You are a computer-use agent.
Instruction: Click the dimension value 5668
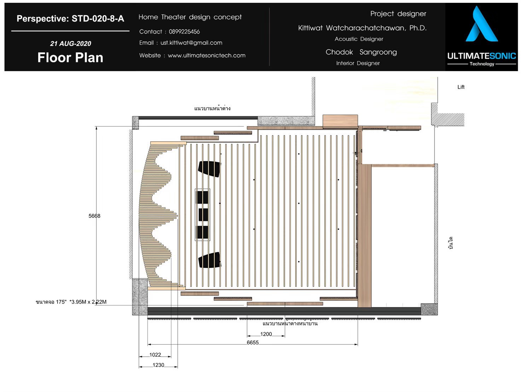[94, 216]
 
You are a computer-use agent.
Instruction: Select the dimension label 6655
[252, 343]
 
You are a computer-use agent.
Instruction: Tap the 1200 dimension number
[266, 334]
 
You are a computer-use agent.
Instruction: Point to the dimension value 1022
[155, 355]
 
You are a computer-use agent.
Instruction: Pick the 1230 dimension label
[158, 365]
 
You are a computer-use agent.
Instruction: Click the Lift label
[461, 87]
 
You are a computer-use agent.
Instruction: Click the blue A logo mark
[482, 24]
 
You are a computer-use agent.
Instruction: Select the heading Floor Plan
[70, 58]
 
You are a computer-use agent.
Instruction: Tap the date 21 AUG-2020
[70, 43]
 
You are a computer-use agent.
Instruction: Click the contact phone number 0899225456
[184, 32]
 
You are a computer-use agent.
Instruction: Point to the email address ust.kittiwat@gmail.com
[191, 43]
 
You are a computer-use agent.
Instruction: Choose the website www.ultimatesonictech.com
[207, 55]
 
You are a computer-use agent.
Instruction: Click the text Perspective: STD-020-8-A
[70, 19]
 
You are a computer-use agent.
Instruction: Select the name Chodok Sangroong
[361, 52]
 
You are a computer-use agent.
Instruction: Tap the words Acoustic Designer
[359, 39]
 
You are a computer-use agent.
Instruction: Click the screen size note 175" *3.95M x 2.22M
[81, 302]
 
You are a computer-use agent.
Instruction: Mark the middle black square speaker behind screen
[203, 215]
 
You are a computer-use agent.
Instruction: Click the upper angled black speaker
[209, 169]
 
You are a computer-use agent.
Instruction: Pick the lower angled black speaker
[209, 260]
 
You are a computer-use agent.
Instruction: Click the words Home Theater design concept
[190, 17]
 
